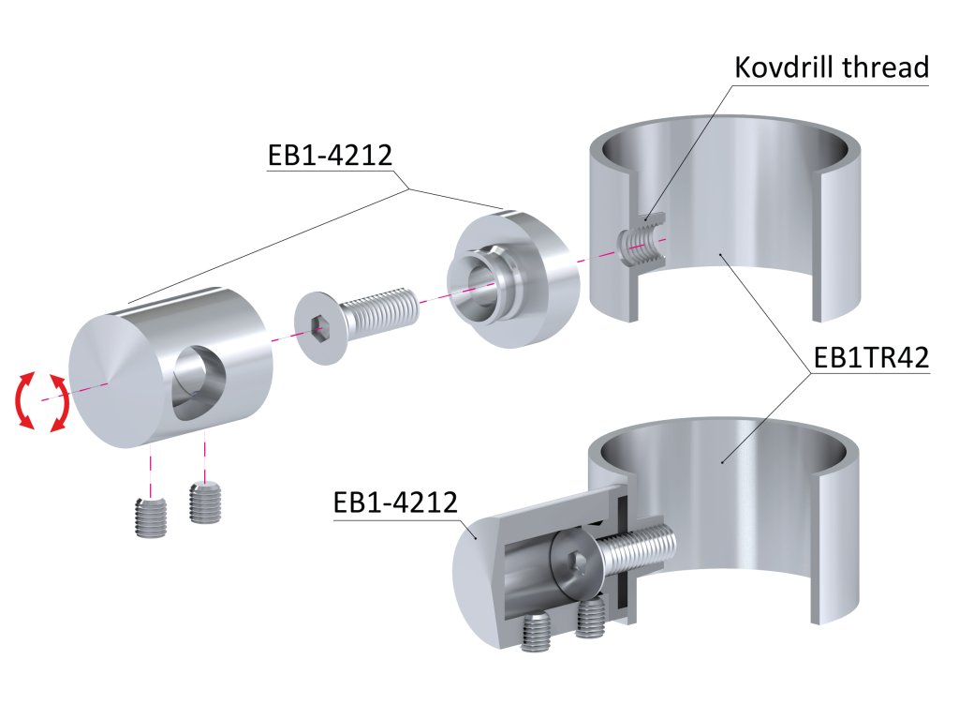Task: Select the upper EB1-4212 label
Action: click(x=329, y=155)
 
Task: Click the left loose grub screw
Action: click(x=150, y=517)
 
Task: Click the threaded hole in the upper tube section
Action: click(x=642, y=243)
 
